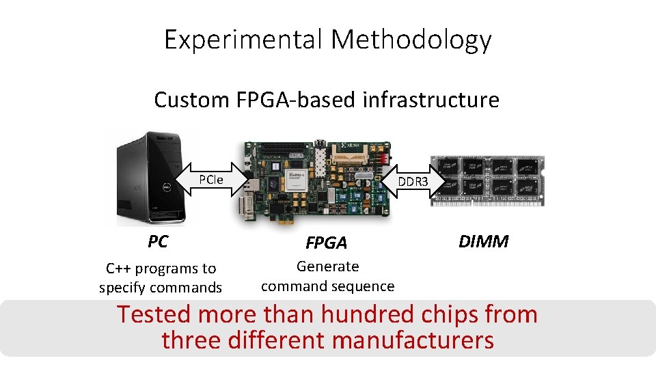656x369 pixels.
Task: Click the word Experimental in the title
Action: coord(243,40)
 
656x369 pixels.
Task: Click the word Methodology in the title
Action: coord(411,40)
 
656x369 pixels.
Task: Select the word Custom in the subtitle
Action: coord(192,100)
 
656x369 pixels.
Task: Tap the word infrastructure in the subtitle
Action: coord(430,100)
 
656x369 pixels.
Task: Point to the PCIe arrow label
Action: coord(211,180)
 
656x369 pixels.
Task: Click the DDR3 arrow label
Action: coord(413,182)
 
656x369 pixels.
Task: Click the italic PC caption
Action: coord(158,241)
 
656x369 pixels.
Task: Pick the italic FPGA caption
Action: coord(326,243)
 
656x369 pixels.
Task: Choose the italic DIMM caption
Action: coord(483,241)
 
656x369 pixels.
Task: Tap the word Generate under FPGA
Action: coord(327,266)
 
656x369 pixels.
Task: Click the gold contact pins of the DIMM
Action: coord(487,202)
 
